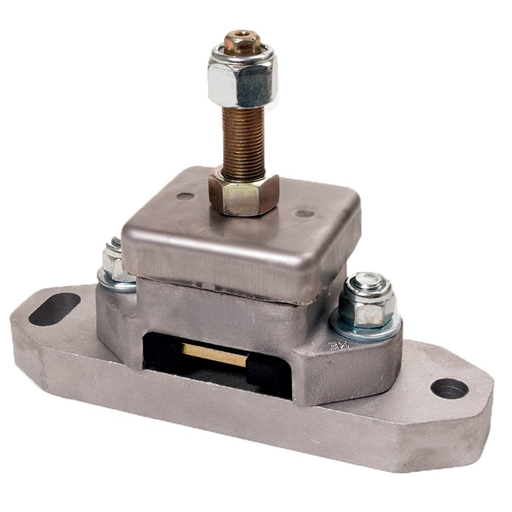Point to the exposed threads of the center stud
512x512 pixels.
click(x=243, y=138)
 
